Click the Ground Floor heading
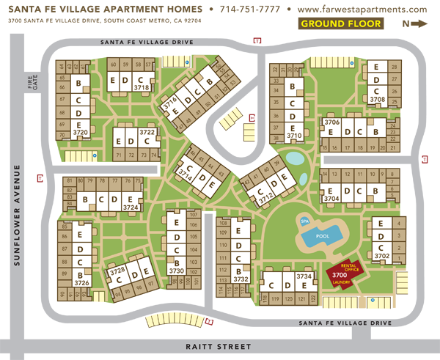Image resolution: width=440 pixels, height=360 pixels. pos(341,23)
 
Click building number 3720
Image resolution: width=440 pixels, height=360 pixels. pos(80,133)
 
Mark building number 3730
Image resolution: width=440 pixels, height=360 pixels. pos(176,271)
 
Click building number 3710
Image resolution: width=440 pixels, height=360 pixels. pos(295,136)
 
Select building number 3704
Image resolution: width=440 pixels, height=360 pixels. pos(331,198)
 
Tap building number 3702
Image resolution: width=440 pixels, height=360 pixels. pos(381,257)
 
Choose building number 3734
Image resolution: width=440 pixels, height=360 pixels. pos(304,276)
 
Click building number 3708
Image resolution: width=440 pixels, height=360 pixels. pos(378,99)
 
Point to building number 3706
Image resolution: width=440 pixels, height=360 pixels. pos(331,122)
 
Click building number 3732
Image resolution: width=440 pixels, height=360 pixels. pos(241,279)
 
